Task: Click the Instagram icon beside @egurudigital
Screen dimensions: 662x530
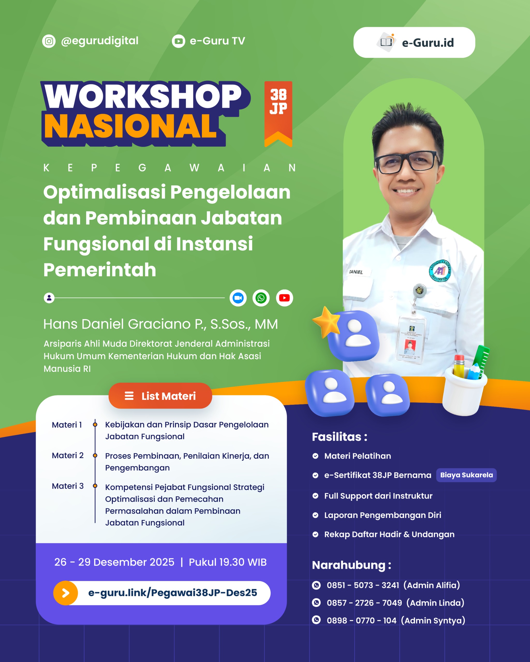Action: (x=49, y=41)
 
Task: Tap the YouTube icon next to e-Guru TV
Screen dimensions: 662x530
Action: (x=178, y=41)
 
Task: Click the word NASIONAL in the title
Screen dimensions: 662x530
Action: (x=131, y=126)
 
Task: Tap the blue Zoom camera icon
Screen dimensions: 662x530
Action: (x=238, y=298)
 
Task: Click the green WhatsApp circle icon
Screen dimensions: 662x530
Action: (x=261, y=298)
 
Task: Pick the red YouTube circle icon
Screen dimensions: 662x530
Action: (x=284, y=298)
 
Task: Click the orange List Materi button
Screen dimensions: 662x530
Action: (x=160, y=396)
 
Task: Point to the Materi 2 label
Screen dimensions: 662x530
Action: (x=68, y=455)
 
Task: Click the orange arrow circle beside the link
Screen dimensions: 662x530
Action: (x=65, y=593)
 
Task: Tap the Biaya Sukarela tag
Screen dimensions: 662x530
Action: (x=466, y=475)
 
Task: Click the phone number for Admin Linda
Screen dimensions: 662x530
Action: (x=364, y=603)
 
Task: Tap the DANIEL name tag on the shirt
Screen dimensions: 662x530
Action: (x=356, y=272)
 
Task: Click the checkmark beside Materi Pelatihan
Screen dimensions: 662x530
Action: (x=315, y=456)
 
